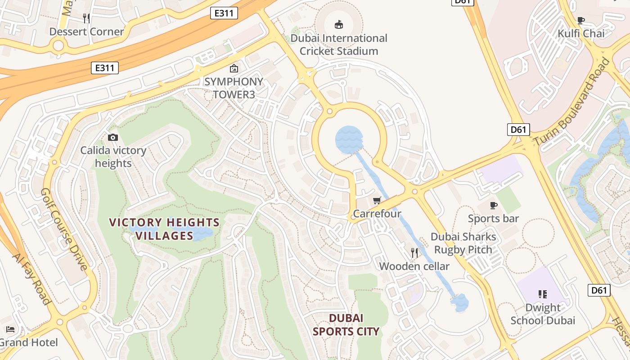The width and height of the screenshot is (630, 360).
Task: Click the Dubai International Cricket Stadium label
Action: [338, 45]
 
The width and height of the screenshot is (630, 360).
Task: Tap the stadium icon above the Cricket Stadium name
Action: [339, 24]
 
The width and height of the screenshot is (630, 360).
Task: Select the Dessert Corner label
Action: [86, 31]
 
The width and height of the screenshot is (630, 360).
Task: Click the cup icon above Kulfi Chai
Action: [581, 20]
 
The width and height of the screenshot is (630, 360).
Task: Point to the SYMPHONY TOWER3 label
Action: [234, 88]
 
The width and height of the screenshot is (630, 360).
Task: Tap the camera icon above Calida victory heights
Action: [113, 137]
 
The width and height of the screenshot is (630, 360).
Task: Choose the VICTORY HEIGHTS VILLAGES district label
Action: [165, 229]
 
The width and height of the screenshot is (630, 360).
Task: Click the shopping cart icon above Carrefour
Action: [377, 200]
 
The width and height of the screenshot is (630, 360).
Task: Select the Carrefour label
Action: [377, 214]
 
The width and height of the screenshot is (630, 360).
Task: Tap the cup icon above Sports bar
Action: [494, 206]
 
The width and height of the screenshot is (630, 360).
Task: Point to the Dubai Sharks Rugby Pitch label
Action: [463, 243]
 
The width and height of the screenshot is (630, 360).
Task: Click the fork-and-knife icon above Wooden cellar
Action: [414, 253]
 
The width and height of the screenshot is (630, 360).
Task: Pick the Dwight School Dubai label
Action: [543, 314]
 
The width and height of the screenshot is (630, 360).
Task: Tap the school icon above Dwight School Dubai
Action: [543, 294]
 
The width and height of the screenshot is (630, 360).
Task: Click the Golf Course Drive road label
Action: [64, 229]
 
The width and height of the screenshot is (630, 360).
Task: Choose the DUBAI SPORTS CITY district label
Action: [346, 325]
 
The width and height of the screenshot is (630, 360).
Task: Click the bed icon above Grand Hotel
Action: [10, 329]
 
